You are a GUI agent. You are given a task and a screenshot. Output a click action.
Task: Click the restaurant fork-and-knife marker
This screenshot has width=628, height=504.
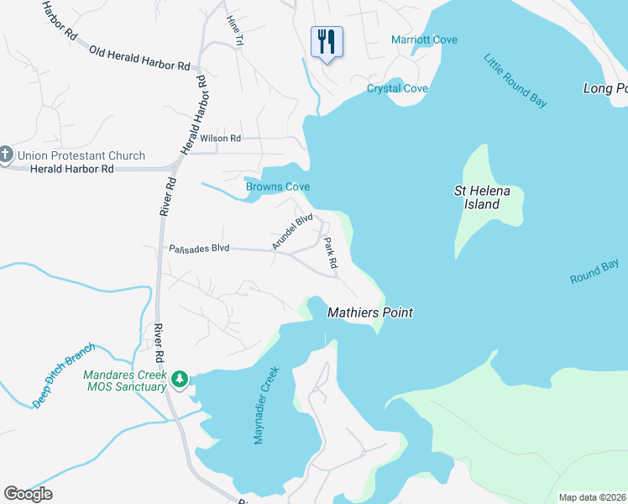coord(327,42)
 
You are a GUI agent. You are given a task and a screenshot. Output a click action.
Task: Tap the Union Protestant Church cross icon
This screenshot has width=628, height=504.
coord(6,155)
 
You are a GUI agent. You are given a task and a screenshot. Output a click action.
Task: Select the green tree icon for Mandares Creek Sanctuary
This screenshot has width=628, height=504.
coord(179,380)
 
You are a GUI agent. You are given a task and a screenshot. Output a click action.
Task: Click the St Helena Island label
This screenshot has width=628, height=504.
coord(477,197)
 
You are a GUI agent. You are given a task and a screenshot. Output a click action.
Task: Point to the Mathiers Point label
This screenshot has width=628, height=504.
coord(369,312)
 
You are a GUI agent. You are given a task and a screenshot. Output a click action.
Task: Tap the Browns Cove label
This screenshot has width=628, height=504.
coord(278,186)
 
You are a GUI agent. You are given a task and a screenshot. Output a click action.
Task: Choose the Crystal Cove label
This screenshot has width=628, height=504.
coord(397,88)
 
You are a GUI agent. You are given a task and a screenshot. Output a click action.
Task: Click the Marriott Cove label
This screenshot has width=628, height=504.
coord(424,39)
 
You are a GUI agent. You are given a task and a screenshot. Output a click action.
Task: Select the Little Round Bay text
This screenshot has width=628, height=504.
coord(515,80)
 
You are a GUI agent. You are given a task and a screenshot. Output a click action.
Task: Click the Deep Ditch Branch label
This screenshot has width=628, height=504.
coord(65,375)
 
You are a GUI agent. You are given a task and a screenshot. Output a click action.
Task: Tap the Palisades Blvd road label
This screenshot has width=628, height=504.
coord(199,249)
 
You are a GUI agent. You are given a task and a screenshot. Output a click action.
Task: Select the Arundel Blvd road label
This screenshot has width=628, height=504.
coord(292,232)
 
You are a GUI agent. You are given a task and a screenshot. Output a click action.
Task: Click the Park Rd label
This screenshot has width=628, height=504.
coord(331,253)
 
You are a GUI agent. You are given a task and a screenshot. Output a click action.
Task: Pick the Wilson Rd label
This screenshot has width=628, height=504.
coord(220,138)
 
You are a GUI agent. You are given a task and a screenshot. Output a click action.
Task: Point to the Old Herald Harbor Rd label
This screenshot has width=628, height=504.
coord(139,58)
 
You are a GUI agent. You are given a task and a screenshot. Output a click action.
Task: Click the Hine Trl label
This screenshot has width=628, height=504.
coord(234,29)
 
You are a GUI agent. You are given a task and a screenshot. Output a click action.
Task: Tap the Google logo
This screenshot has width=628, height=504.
coord(28,494)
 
